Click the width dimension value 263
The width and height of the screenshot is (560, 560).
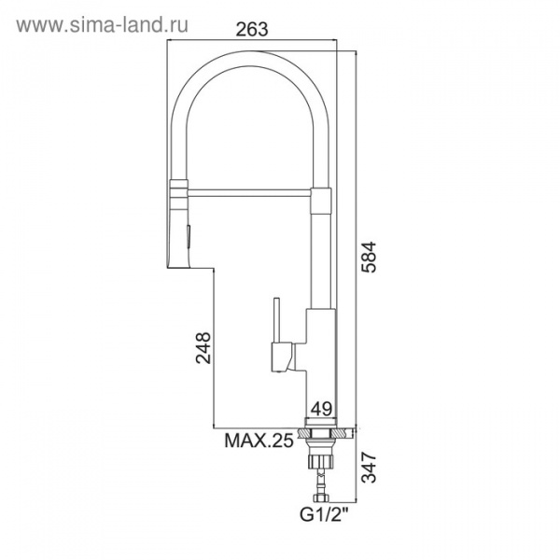click(251, 29)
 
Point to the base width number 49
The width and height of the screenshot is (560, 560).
click(322, 408)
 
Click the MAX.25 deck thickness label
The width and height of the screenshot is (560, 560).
click(256, 441)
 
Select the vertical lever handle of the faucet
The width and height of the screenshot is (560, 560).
click(277, 322)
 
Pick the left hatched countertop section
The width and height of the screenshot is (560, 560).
click(302, 432)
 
